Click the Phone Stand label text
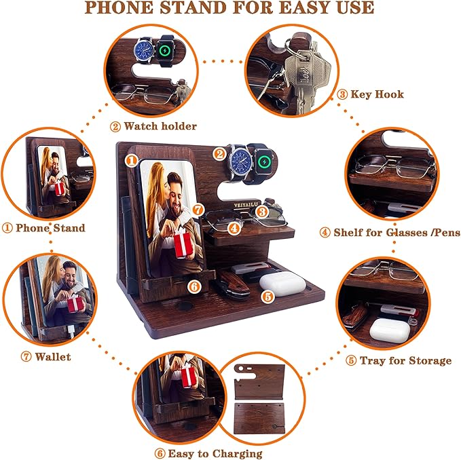pyautogui.click(x=45, y=228)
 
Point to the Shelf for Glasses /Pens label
pyautogui.click(x=390, y=233)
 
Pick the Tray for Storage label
pyautogui.click(x=399, y=360)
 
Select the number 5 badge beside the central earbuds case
pyautogui.click(x=267, y=296)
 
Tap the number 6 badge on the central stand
pyautogui.click(x=195, y=286)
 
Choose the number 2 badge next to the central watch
pyautogui.click(x=219, y=153)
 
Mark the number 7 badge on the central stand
pyautogui.click(x=198, y=210)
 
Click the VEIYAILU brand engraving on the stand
pyautogui.click(x=232, y=199)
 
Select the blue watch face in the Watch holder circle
pyautogui.click(x=144, y=51)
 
